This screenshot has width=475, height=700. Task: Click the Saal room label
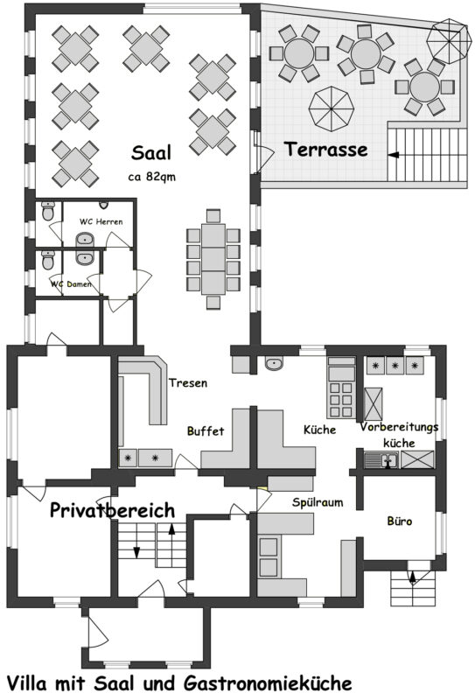pyautogui.click(x=150, y=152)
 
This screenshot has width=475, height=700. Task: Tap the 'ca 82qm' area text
pyautogui.click(x=152, y=177)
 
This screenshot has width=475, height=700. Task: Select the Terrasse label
pyautogui.click(x=326, y=149)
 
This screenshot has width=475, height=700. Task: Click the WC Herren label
pyautogui.click(x=101, y=221)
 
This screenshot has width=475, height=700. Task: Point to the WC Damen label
pyautogui.click(x=71, y=283)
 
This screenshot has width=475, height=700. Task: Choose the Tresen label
pyautogui.click(x=188, y=382)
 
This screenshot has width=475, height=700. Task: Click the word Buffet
pyautogui.click(x=206, y=430)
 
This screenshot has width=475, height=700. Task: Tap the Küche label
pyautogui.click(x=319, y=430)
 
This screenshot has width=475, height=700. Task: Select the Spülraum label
pyautogui.click(x=318, y=502)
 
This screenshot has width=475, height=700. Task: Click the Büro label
pyautogui.click(x=400, y=521)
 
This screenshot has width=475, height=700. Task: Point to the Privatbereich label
pyautogui.click(x=112, y=510)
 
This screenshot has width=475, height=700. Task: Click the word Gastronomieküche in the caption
pyautogui.click(x=268, y=683)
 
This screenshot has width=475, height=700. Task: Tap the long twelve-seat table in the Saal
pyautogui.click(x=213, y=259)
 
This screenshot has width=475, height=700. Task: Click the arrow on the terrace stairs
pyautogui.click(x=394, y=155)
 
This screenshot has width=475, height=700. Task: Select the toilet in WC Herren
pyautogui.click(x=48, y=211)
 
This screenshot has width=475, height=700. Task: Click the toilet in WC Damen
pyautogui.click(x=48, y=260)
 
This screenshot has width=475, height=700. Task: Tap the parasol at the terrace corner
pyautogui.click(x=449, y=41)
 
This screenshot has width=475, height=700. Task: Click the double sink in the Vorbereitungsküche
pyautogui.click(x=381, y=459)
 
